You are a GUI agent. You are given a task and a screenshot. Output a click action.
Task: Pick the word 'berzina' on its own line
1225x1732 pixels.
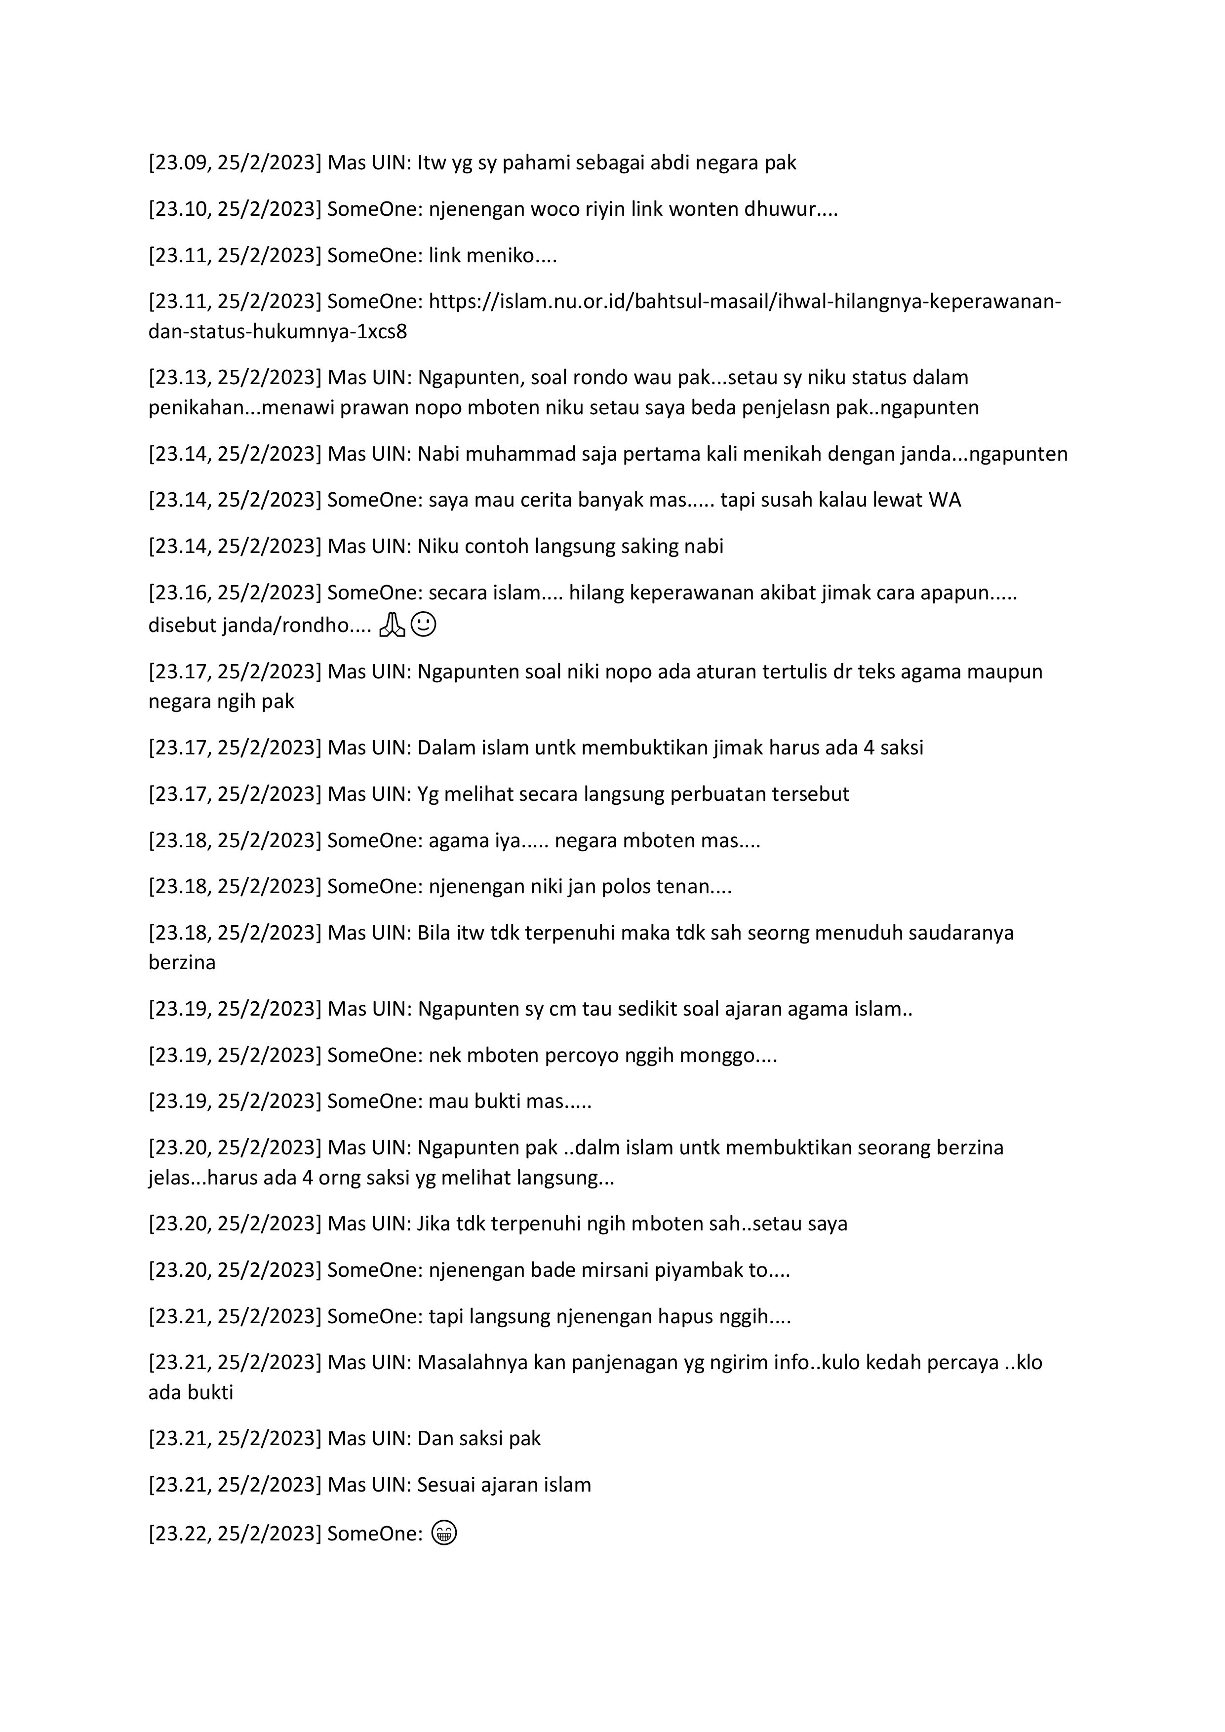click(182, 963)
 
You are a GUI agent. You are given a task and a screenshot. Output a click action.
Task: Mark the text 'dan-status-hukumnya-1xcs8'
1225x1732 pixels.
click(277, 332)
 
